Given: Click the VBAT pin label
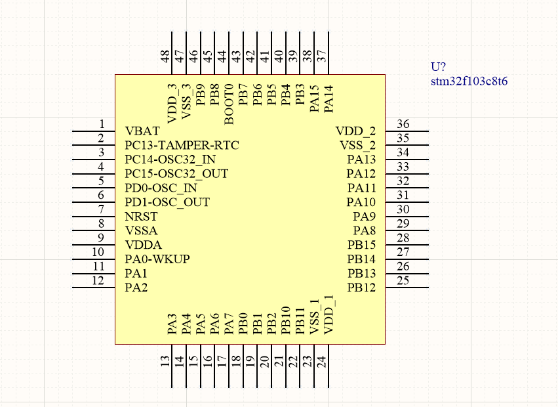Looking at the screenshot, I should (142, 131).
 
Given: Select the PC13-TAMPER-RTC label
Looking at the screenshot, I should (182, 145).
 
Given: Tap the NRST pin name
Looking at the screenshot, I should (140, 217).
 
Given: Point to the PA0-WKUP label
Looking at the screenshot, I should (157, 259).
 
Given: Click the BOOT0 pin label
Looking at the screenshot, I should (229, 104).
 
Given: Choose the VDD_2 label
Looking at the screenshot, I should (356, 131).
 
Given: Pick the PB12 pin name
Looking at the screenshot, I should (362, 288).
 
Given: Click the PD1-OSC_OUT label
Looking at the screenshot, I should (167, 202).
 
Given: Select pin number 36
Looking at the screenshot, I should (403, 124).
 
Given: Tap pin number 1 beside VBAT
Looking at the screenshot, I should (102, 124).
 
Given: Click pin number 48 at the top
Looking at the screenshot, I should (165, 57).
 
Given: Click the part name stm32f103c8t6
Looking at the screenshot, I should (469, 82).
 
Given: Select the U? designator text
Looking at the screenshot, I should (438, 67).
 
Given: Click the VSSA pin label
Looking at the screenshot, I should (141, 231).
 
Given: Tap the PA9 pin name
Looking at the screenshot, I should (364, 217).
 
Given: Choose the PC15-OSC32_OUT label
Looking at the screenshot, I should (176, 174).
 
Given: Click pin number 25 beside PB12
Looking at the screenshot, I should (403, 281).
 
